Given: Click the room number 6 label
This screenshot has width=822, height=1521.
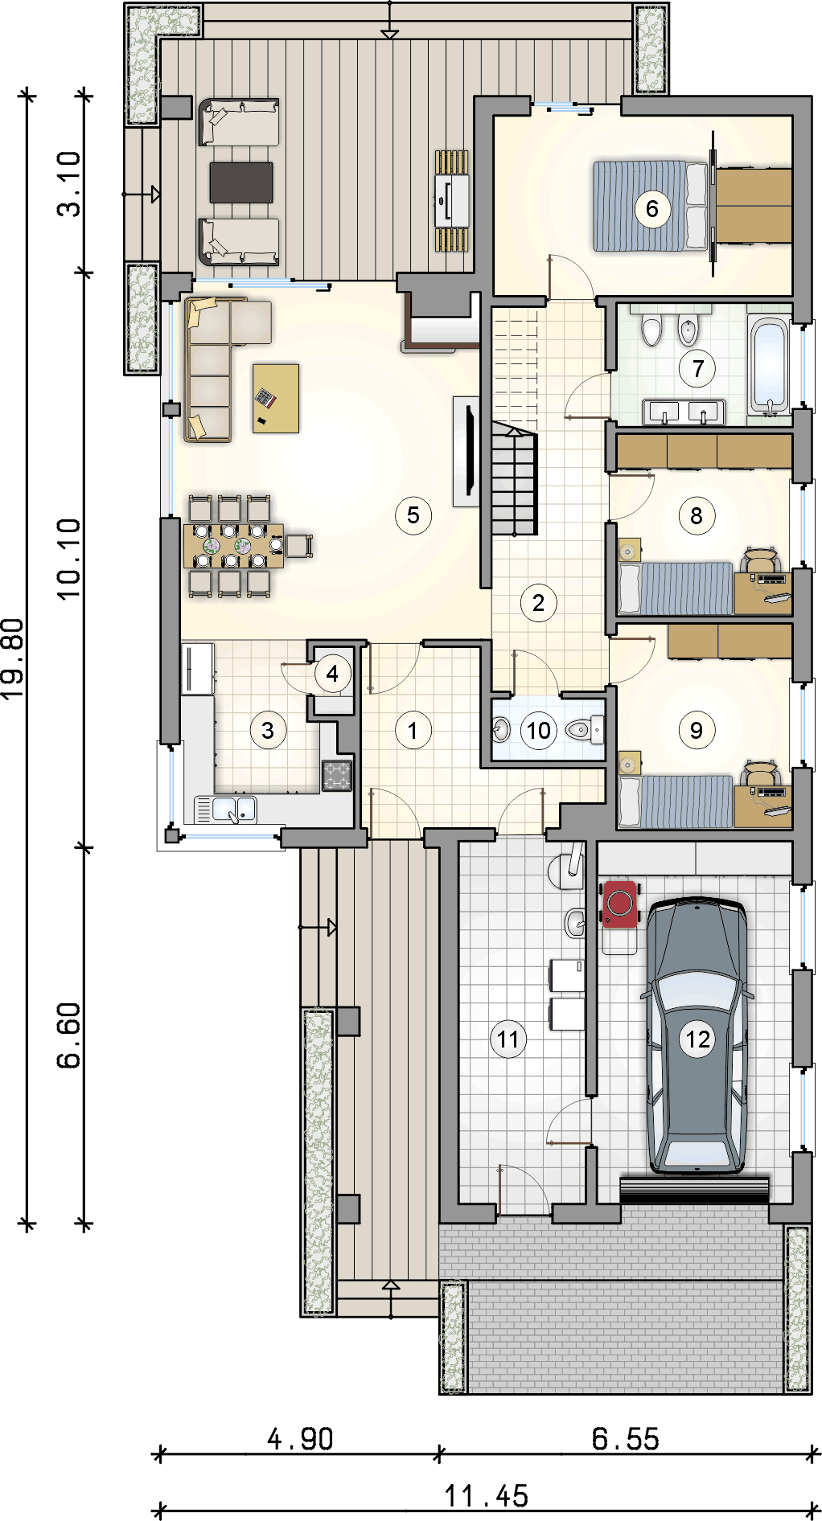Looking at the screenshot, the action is coord(651,209).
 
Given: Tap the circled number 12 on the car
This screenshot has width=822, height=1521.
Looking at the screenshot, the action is coord(697,1039).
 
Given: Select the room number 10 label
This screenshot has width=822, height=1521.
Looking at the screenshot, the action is coord(538,730).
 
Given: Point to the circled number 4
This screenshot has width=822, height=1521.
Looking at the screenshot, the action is coord(332,674).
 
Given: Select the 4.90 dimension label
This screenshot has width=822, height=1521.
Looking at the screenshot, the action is coord(300,1438).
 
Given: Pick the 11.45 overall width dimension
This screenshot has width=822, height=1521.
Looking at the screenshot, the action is coord(487,1496).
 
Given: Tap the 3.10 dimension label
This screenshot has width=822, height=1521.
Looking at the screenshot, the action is coord(70,184).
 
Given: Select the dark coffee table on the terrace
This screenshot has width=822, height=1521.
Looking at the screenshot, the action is coord(241,182).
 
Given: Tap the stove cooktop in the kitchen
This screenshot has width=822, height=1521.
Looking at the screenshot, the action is coord(337,776).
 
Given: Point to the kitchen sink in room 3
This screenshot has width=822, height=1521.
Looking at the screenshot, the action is coord(234,809).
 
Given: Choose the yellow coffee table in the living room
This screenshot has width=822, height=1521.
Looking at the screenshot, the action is coord(276,399).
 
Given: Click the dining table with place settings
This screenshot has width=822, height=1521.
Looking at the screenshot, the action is coord(233,546).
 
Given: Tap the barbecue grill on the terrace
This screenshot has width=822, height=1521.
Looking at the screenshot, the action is coord(452,201).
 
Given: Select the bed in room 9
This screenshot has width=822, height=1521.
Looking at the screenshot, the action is coord(676,801).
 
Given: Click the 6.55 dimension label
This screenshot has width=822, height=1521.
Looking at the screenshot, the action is coord(626,1438).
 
